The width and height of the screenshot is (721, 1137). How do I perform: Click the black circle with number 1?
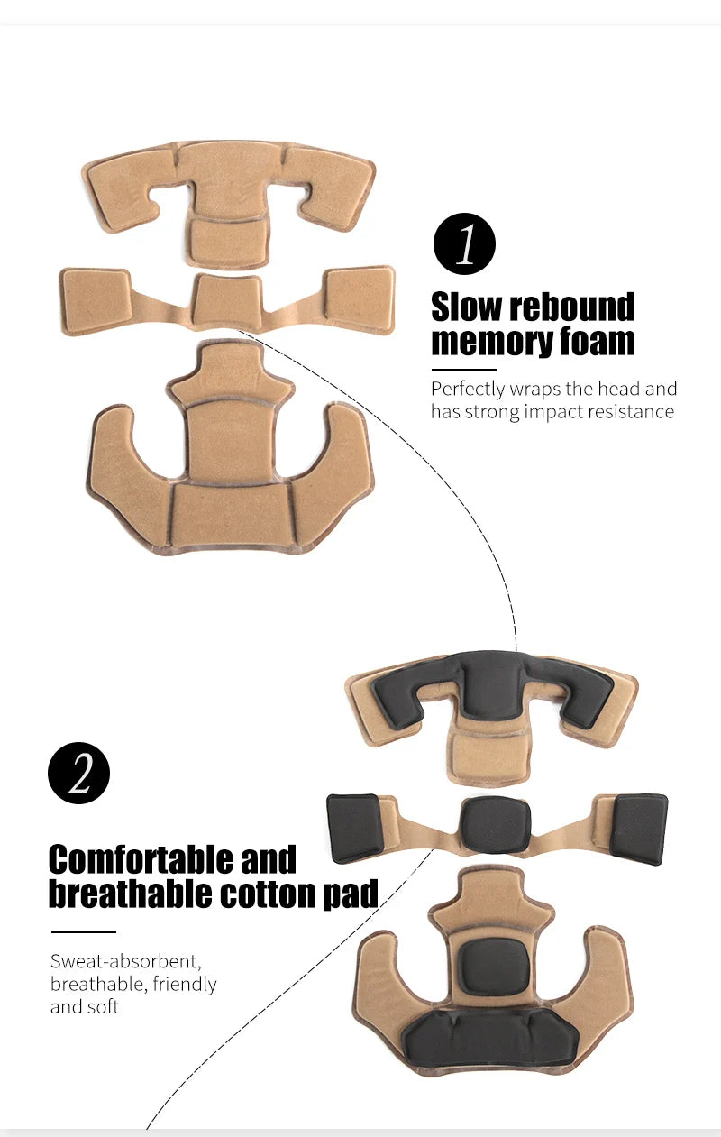464,243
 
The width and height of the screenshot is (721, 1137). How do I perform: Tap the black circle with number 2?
78,773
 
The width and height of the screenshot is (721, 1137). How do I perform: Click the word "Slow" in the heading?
465,307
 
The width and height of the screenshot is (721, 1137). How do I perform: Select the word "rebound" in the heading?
571,307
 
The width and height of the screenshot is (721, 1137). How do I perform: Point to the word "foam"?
598,341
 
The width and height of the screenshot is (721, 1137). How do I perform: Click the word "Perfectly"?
468,390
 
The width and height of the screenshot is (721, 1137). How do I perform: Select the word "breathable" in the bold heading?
130,894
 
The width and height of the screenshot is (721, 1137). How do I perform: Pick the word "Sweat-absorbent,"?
126,961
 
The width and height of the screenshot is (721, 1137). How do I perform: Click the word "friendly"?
185,984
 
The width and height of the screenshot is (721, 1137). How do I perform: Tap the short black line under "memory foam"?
464,370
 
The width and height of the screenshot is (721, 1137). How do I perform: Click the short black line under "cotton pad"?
84,931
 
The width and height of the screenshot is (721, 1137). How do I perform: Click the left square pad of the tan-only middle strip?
96,298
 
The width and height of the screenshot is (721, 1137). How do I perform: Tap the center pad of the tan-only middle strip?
228,300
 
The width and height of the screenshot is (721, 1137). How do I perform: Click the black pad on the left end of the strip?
356,828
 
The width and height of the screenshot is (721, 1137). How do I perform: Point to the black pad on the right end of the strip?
639,829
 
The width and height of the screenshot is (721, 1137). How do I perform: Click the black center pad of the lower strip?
495,824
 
